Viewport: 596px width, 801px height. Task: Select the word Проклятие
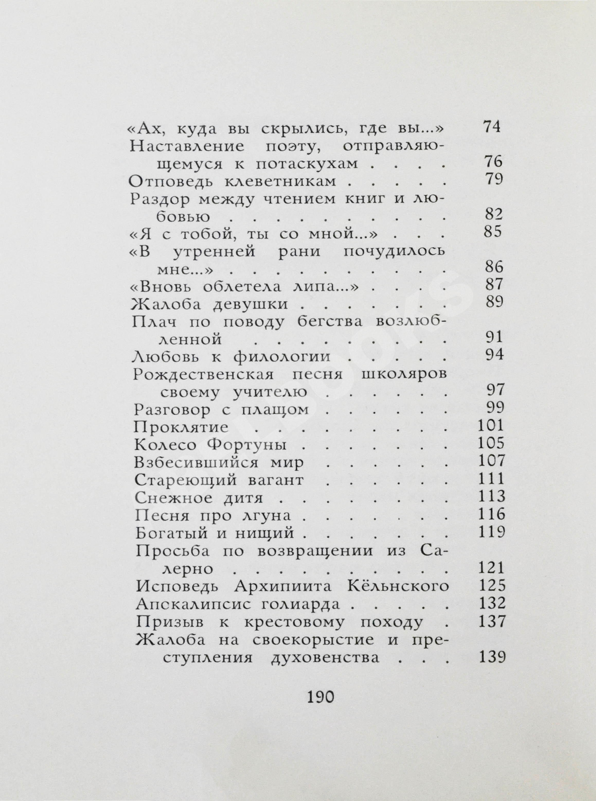181,427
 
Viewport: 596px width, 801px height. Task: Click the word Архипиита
282,587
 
